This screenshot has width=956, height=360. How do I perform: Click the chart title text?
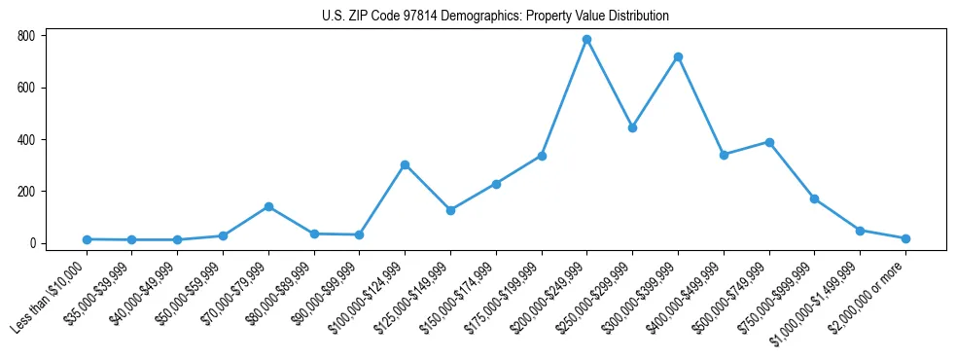[495, 16]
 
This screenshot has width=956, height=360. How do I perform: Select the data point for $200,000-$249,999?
[586, 40]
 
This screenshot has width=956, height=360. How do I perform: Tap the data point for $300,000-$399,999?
[678, 57]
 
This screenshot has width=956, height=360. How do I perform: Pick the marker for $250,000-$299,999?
[632, 127]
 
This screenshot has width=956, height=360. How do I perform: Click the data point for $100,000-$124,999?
[405, 164]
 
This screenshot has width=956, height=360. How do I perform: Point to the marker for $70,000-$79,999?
[268, 206]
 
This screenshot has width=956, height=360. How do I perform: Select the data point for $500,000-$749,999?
[769, 142]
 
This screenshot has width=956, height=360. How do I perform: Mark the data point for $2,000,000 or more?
[905, 238]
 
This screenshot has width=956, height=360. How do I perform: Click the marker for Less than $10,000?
[87, 239]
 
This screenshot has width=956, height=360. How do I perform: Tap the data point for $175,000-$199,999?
[542, 156]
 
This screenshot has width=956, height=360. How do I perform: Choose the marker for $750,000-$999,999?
[814, 198]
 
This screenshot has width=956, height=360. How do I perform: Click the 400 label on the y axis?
[27, 139]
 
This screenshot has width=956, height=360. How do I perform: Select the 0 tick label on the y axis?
[33, 243]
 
